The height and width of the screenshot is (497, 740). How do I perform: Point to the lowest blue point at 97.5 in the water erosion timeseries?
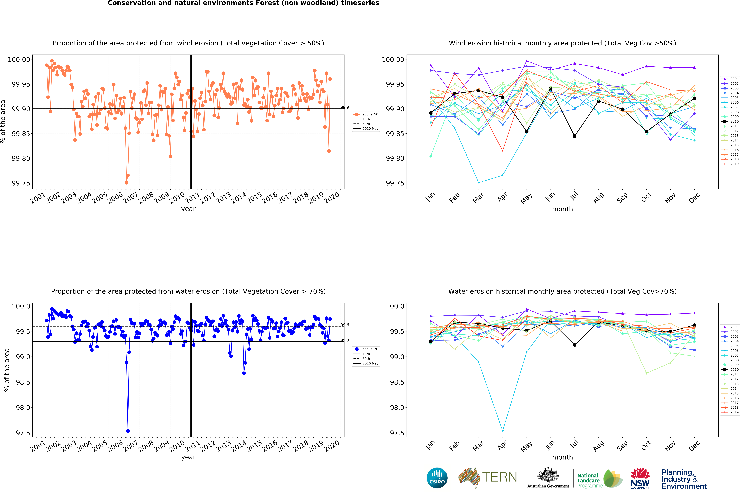[x=128, y=431]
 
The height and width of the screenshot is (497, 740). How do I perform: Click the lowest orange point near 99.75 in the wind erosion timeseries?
[x=126, y=183]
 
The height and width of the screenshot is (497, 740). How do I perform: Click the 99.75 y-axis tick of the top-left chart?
[x=21, y=183]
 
